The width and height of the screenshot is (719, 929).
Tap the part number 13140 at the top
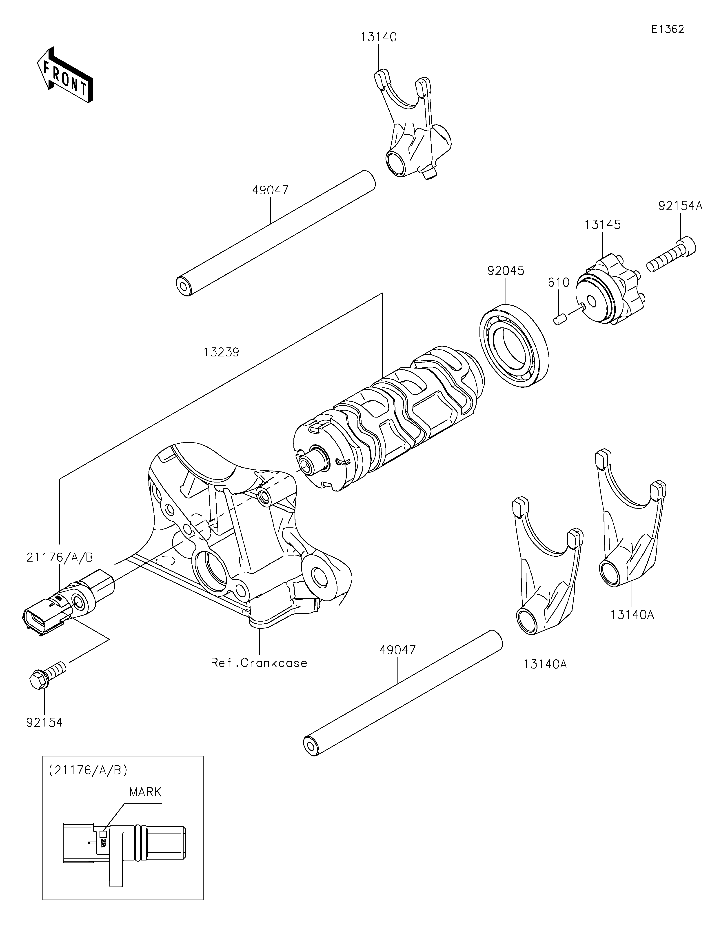point(379,38)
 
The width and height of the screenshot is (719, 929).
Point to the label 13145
point(602,224)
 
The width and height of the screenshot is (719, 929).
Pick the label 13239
point(221,352)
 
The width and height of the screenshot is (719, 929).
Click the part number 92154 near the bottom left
point(44,722)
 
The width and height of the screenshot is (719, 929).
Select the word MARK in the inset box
point(145,792)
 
